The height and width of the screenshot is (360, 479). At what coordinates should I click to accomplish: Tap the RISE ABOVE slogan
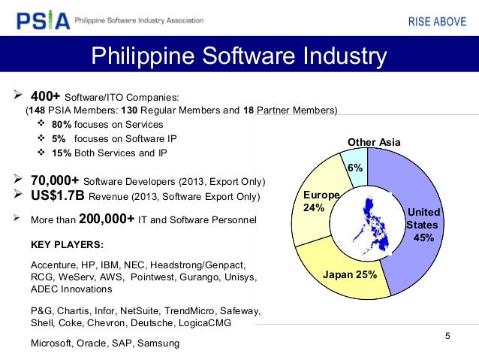point(436,20)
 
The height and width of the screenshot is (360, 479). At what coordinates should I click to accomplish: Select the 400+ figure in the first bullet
point(45,97)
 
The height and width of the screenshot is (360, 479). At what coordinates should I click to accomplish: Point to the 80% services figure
point(62,124)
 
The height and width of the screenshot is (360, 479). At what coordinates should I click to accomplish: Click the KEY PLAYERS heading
point(67,245)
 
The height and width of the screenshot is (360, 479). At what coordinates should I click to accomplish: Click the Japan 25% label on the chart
point(349,274)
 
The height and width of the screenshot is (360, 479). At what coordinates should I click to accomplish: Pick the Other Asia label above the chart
point(374,142)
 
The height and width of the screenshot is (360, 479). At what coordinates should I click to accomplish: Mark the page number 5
point(447,335)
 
